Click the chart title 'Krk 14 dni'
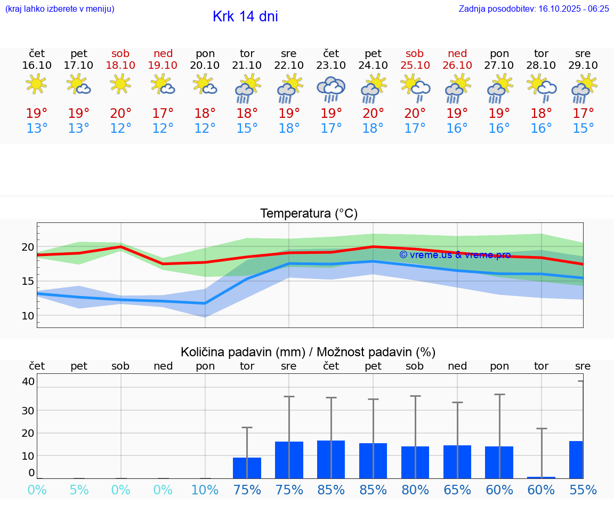[x=245, y=17]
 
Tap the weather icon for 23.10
[x=331, y=89]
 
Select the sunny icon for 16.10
[x=36, y=84]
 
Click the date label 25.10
[x=415, y=65]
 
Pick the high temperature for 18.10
[x=120, y=113]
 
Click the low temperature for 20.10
[x=205, y=129]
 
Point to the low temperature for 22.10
[x=289, y=129]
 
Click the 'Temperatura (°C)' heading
[x=309, y=213]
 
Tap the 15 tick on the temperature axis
[x=27, y=281]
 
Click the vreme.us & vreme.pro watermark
[x=455, y=255]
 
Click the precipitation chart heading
[x=308, y=352]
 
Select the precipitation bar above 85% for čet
[x=331, y=459]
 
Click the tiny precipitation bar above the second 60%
[x=542, y=477]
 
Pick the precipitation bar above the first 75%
[x=247, y=468]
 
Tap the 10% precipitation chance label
[x=205, y=490]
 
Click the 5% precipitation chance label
[x=79, y=490]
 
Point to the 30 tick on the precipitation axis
[x=28, y=410]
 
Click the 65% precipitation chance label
[x=457, y=490]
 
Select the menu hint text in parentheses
[x=60, y=9]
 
